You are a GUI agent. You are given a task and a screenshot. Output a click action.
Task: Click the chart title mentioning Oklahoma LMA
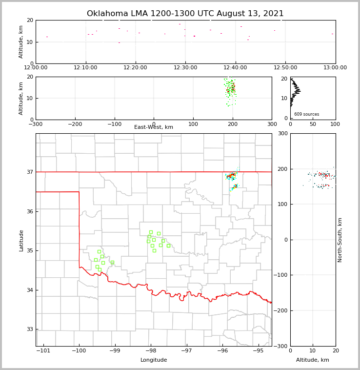coord(185,14)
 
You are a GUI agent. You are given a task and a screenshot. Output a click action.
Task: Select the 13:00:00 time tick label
coord(335,68)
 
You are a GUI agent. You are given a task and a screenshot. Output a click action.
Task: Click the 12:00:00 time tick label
coord(36,68)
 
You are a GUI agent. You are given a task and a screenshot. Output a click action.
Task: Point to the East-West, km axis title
coord(154,127)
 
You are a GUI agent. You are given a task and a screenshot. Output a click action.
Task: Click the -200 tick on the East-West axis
coord(75,124)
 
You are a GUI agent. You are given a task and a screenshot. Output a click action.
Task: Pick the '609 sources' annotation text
coord(306,114)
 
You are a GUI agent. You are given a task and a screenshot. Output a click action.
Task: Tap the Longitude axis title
coord(154,360)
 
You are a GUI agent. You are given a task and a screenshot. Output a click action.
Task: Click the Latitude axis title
coord(21,240)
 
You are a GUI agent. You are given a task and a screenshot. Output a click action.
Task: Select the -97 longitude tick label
coord(187,350)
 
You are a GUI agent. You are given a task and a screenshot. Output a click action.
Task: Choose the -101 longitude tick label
coord(43,350)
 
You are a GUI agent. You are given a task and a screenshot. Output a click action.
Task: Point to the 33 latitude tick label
coord(29,329)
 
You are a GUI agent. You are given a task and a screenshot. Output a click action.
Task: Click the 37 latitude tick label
coord(29,172)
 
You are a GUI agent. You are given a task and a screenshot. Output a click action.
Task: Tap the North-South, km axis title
coord(340,240)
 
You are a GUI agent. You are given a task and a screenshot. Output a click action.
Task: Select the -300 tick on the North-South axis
coord(281,346)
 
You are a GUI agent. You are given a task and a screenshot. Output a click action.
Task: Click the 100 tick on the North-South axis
coord(283,205)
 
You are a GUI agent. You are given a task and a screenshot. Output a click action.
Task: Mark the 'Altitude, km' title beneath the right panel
coord(313,360)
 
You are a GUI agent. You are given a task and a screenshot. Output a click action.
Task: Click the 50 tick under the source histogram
coord(313,124)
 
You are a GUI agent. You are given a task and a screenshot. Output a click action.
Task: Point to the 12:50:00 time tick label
coord(285,68)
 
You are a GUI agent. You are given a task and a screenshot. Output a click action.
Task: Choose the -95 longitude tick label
coord(259,350)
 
